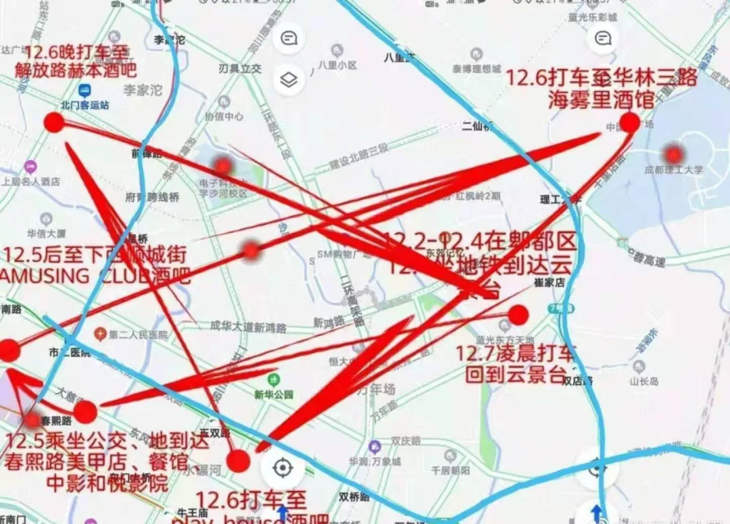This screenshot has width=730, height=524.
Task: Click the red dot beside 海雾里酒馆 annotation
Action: click(630, 122)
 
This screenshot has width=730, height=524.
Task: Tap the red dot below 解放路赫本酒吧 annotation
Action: click(54, 122)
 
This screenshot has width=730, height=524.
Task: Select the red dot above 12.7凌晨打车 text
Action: click(518, 315)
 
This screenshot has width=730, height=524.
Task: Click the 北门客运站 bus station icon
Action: click(85, 90)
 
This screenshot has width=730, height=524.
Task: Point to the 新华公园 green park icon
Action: click(273, 380)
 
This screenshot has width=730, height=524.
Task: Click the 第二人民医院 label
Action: click(138, 334)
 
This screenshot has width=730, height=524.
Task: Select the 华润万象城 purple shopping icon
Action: click(375, 446)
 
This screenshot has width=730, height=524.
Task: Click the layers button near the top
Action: click(289, 80)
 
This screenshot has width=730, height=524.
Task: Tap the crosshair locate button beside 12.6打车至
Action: click(283, 467)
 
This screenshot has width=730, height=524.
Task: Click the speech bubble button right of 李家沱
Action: click(289, 38)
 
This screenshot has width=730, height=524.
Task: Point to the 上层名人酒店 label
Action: click(30, 181)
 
